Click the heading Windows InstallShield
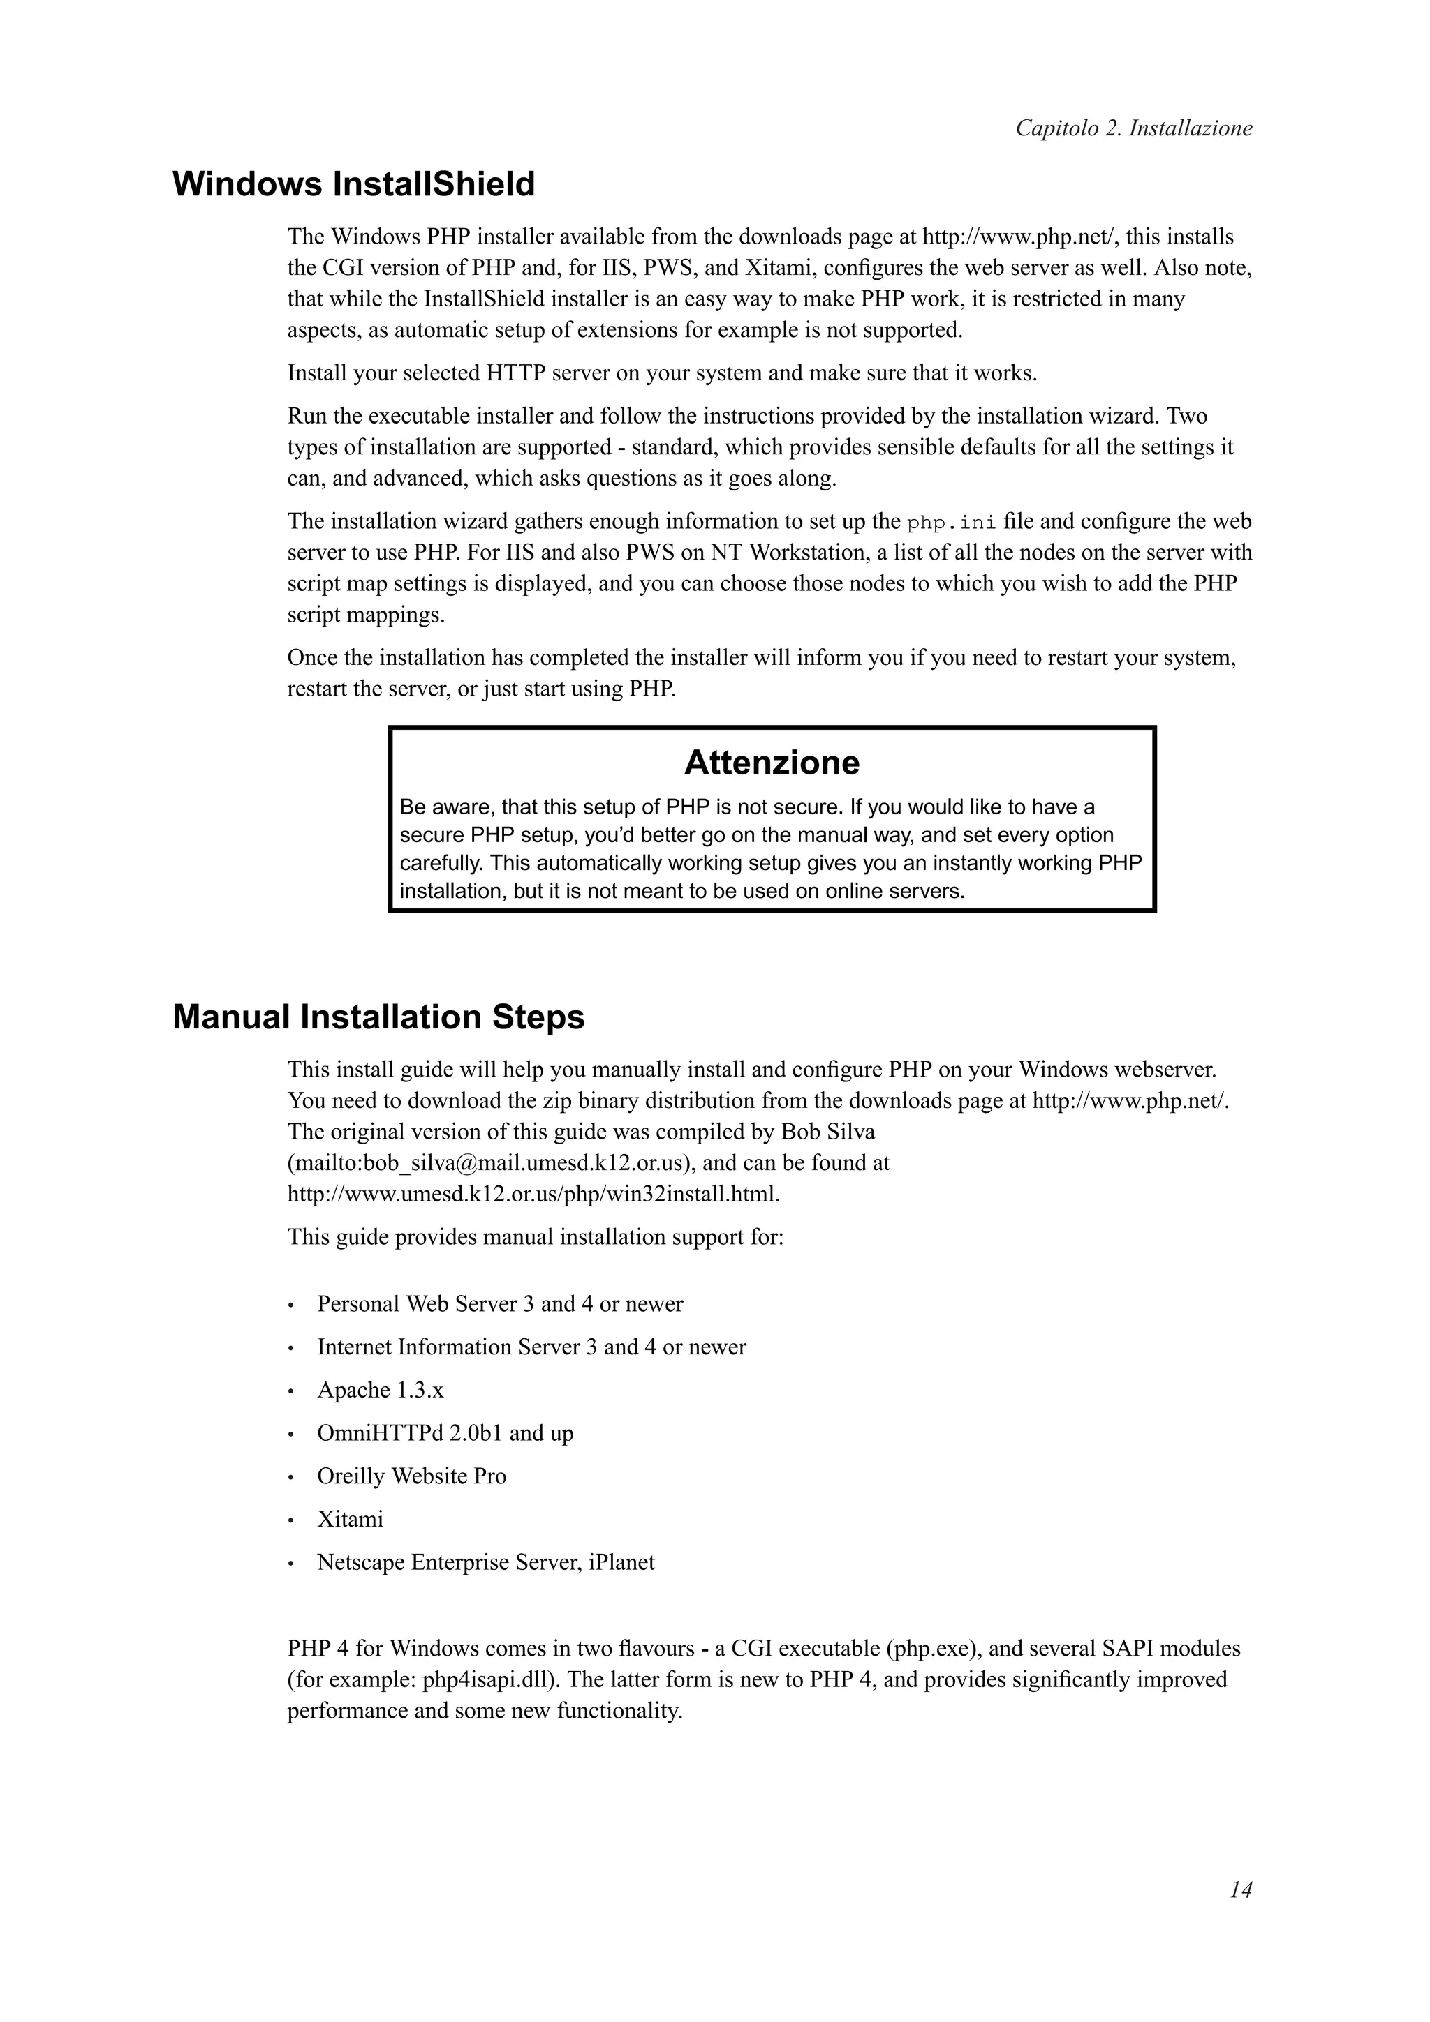tap(353, 184)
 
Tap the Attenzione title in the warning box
tap(771, 763)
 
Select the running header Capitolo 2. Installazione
tap(1133, 128)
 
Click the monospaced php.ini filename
tap(952, 522)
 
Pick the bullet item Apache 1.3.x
tap(380, 1391)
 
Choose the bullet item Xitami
tap(350, 1519)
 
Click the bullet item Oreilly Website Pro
tap(411, 1476)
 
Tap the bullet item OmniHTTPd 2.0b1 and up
tap(445, 1433)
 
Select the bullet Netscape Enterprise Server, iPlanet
tap(485, 1562)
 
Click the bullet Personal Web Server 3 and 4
tap(499, 1304)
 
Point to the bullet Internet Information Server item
tap(531, 1347)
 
